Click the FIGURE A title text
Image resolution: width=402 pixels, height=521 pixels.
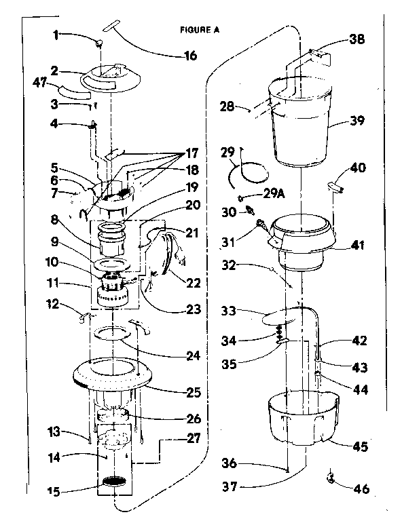coord(200,30)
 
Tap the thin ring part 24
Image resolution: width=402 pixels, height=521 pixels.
coord(111,333)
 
